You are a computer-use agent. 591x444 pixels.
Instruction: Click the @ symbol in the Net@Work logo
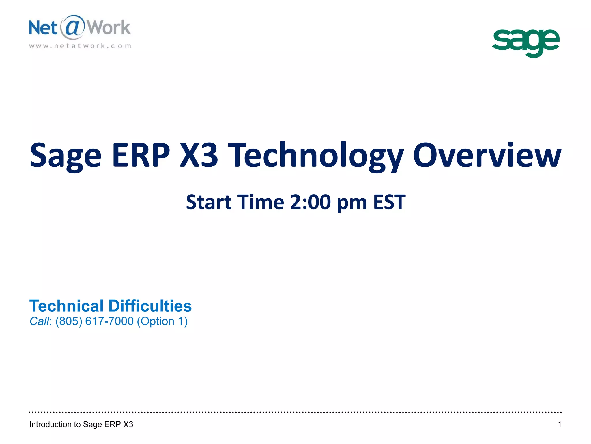pos(72,27)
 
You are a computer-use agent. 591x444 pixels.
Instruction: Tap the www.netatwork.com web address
pos(80,46)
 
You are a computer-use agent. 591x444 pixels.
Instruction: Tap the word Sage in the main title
pos(66,156)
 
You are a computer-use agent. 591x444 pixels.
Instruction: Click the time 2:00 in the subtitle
pos(310,202)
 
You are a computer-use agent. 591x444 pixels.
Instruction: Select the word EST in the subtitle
pos(389,202)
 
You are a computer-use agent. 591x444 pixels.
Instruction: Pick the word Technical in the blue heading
pos(66,306)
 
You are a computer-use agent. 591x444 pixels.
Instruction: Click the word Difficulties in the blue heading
pos(150,306)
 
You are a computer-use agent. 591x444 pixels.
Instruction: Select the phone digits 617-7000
pos(109,321)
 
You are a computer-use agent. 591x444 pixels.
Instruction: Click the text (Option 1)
pos(162,321)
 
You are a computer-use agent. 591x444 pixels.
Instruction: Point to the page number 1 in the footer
pos(559,424)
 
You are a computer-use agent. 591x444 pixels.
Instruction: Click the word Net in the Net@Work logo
pos(43,28)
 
